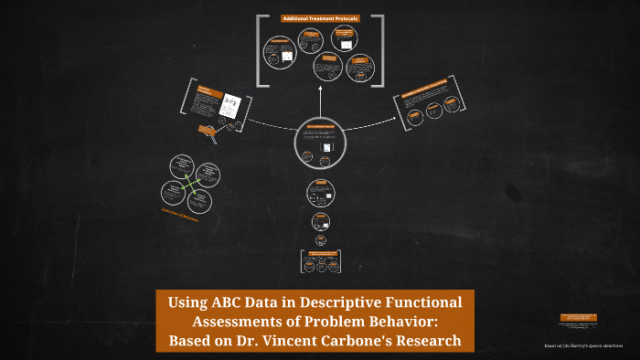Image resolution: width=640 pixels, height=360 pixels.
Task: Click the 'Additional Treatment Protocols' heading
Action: coord(319,18)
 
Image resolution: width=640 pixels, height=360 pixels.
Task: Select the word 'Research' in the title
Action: coord(431,342)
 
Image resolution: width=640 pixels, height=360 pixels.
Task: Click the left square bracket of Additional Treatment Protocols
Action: coord(261,50)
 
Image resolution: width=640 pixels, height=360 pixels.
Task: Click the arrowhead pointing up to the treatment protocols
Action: coord(320,91)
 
